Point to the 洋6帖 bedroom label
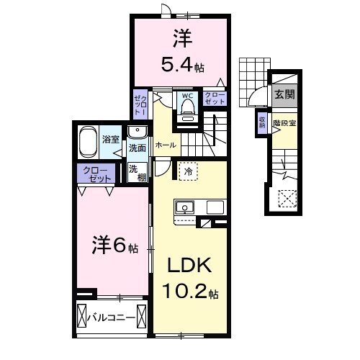pyautogui.click(x=113, y=246)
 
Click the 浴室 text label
pyautogui.click(x=111, y=138)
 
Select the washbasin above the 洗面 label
pyautogui.click(x=137, y=132)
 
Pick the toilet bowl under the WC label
pyautogui.click(x=188, y=108)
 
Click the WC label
pyautogui.click(x=187, y=95)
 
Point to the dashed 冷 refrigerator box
pyautogui.click(x=186, y=173)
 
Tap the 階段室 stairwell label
pyautogui.click(x=284, y=123)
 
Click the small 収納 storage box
pyautogui.click(x=262, y=122)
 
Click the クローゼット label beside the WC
pyautogui.click(x=214, y=99)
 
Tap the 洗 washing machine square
pyautogui.click(x=135, y=171)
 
